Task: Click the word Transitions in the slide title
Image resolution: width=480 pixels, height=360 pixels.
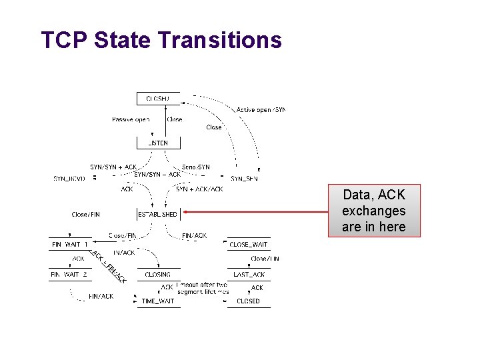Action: (x=220, y=40)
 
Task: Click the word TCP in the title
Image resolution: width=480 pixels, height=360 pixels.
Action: (x=65, y=40)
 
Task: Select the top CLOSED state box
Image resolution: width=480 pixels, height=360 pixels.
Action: (x=158, y=99)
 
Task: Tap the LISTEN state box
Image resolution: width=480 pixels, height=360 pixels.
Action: (x=158, y=143)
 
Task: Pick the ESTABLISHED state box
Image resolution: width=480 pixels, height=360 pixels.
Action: (x=158, y=215)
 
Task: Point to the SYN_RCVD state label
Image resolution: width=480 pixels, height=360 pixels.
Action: (x=71, y=179)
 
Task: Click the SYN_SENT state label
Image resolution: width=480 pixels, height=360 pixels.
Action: (x=244, y=179)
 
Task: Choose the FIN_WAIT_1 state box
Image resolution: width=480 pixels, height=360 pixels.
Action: (x=70, y=245)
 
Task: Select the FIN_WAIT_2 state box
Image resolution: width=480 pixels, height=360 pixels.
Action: (x=70, y=275)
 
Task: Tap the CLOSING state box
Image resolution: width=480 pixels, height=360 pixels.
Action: (x=158, y=275)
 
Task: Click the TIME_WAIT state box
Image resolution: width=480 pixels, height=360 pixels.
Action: (x=158, y=301)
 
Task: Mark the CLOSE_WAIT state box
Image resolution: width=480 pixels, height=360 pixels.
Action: (x=249, y=245)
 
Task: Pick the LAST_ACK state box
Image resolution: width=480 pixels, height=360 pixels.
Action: (x=249, y=275)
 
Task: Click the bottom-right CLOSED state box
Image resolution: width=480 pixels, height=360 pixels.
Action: (x=249, y=301)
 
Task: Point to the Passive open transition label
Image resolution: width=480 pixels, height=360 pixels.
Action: (x=131, y=120)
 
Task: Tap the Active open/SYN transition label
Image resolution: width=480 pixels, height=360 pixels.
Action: (x=261, y=109)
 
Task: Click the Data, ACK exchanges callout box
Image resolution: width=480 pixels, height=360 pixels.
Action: (x=373, y=211)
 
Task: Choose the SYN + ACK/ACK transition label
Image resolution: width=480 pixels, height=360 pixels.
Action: (x=199, y=189)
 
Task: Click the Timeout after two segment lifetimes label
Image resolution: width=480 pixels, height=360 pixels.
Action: (x=203, y=288)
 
